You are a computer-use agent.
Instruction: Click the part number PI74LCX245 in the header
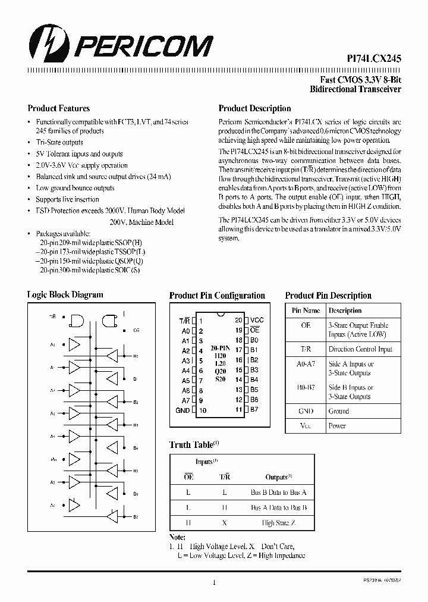click(x=374, y=59)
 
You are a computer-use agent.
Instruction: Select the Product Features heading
click(x=59, y=109)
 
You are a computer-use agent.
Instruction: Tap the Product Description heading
click(x=254, y=109)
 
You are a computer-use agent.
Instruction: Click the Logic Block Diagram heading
click(x=65, y=295)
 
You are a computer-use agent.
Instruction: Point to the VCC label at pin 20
click(x=257, y=319)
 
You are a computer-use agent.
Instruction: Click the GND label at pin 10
click(x=182, y=410)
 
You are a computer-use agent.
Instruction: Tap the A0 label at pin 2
click(x=185, y=330)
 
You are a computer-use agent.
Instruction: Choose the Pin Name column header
click(x=306, y=311)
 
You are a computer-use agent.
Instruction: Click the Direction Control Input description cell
click(x=360, y=350)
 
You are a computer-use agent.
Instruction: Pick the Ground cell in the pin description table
click(x=339, y=411)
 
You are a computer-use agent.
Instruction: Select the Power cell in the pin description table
click(x=337, y=426)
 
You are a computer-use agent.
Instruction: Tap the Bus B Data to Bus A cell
click(x=278, y=493)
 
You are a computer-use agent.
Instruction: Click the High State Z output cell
click(x=279, y=523)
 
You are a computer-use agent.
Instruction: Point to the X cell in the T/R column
click(x=224, y=523)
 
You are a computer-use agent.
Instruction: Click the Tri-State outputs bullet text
click(x=59, y=142)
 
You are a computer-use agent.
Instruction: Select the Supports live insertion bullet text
click(x=67, y=199)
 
